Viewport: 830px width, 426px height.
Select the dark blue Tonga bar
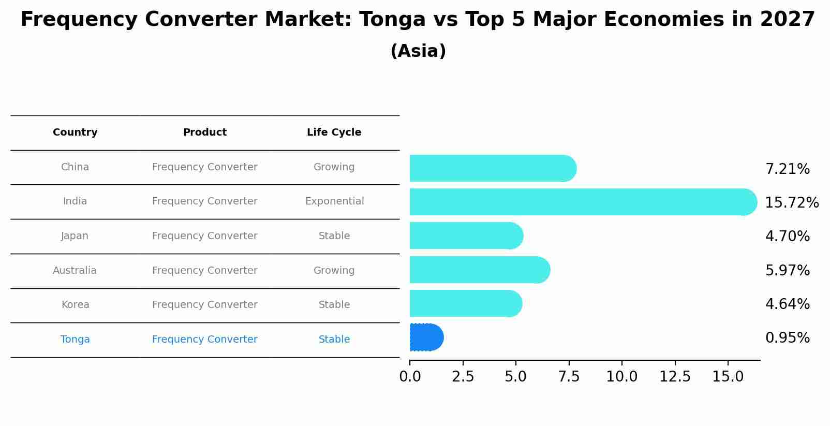pyautogui.click(x=426, y=337)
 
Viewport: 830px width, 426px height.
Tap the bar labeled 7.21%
pyautogui.click(x=492, y=168)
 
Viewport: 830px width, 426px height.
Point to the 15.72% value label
pyautogui.click(x=791, y=203)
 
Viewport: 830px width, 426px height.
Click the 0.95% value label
pyautogui.click(x=787, y=338)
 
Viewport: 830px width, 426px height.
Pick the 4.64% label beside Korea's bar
pyautogui.click(x=787, y=304)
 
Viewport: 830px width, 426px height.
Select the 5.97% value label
pyautogui.click(x=787, y=271)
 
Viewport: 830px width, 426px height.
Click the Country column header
pyautogui.click(x=75, y=133)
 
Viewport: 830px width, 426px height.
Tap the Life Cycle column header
pyautogui.click(x=334, y=133)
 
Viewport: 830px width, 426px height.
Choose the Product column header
pyautogui.click(x=204, y=133)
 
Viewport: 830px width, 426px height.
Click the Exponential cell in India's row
pyautogui.click(x=334, y=201)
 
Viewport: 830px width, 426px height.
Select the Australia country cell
pyautogui.click(x=75, y=271)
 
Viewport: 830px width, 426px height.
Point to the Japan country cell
pyautogui.click(x=75, y=236)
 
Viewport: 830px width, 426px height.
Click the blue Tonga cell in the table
pyautogui.click(x=75, y=340)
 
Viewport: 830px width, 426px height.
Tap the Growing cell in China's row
pyautogui.click(x=334, y=167)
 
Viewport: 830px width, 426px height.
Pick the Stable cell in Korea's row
pyautogui.click(x=334, y=305)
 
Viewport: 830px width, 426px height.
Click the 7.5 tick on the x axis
pyautogui.click(x=569, y=377)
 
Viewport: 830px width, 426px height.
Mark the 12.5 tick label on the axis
pyautogui.click(x=675, y=377)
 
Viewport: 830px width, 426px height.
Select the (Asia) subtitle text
pyautogui.click(x=418, y=51)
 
